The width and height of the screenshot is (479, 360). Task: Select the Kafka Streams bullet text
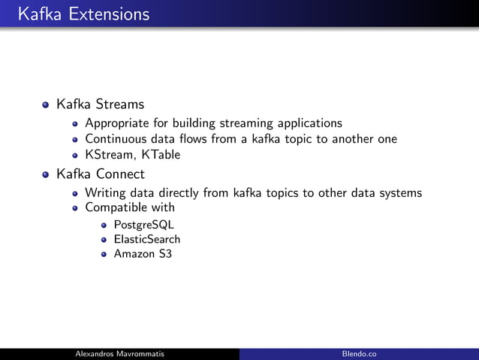(x=100, y=104)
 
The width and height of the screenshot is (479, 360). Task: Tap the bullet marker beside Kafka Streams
(x=47, y=104)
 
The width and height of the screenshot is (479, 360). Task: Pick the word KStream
(x=106, y=155)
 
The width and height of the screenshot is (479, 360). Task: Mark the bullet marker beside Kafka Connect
(x=47, y=175)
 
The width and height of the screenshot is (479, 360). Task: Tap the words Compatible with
(x=130, y=207)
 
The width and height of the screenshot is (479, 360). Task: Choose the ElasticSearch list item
(x=147, y=239)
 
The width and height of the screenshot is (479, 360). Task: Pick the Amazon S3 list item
(x=143, y=253)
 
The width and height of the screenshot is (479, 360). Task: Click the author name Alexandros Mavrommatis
(x=120, y=354)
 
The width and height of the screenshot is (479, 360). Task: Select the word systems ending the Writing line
(x=399, y=193)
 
